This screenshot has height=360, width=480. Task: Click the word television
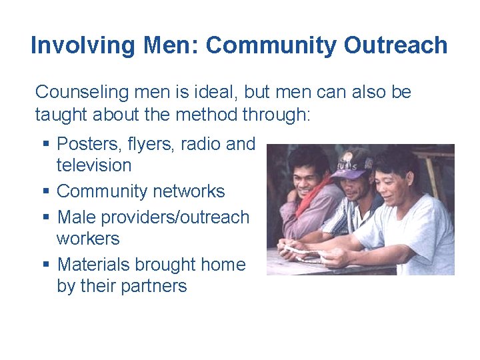[x=94, y=165]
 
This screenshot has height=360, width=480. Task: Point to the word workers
[x=88, y=238]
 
